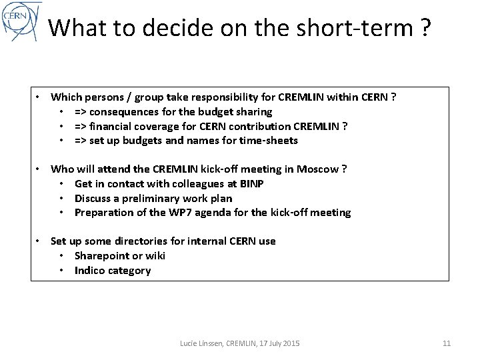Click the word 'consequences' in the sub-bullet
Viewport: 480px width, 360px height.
134,111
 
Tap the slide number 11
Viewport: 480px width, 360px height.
447,343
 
